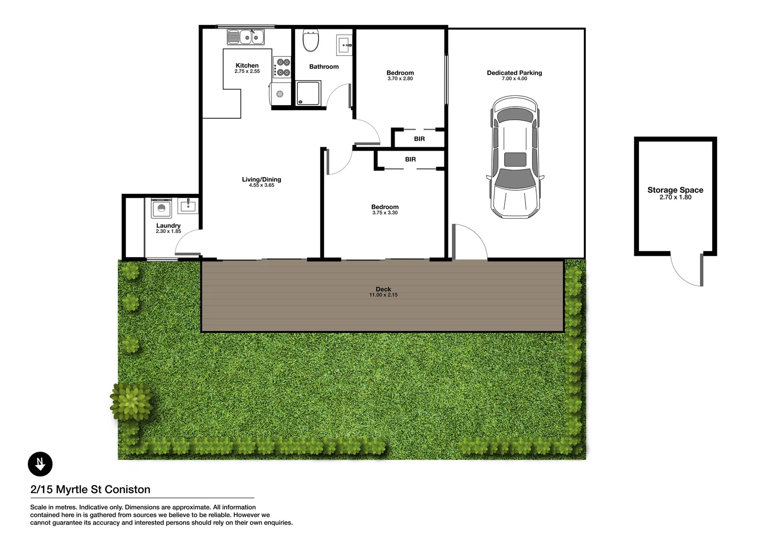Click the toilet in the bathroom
coord(310,41)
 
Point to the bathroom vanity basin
coord(344,46)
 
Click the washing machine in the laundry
coord(162,208)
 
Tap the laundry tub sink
coord(188,205)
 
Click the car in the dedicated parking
coord(515,157)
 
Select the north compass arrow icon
coord(40,464)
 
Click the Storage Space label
coord(675,190)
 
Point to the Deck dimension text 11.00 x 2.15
coord(383,295)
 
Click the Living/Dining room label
coord(261,179)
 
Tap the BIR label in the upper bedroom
coord(419,139)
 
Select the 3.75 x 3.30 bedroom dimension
coord(385,213)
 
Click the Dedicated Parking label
coord(514,73)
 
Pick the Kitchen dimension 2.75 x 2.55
coord(247,72)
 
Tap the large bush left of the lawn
coord(131,401)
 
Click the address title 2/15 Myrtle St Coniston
coord(90,490)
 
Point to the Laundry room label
coord(168,225)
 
